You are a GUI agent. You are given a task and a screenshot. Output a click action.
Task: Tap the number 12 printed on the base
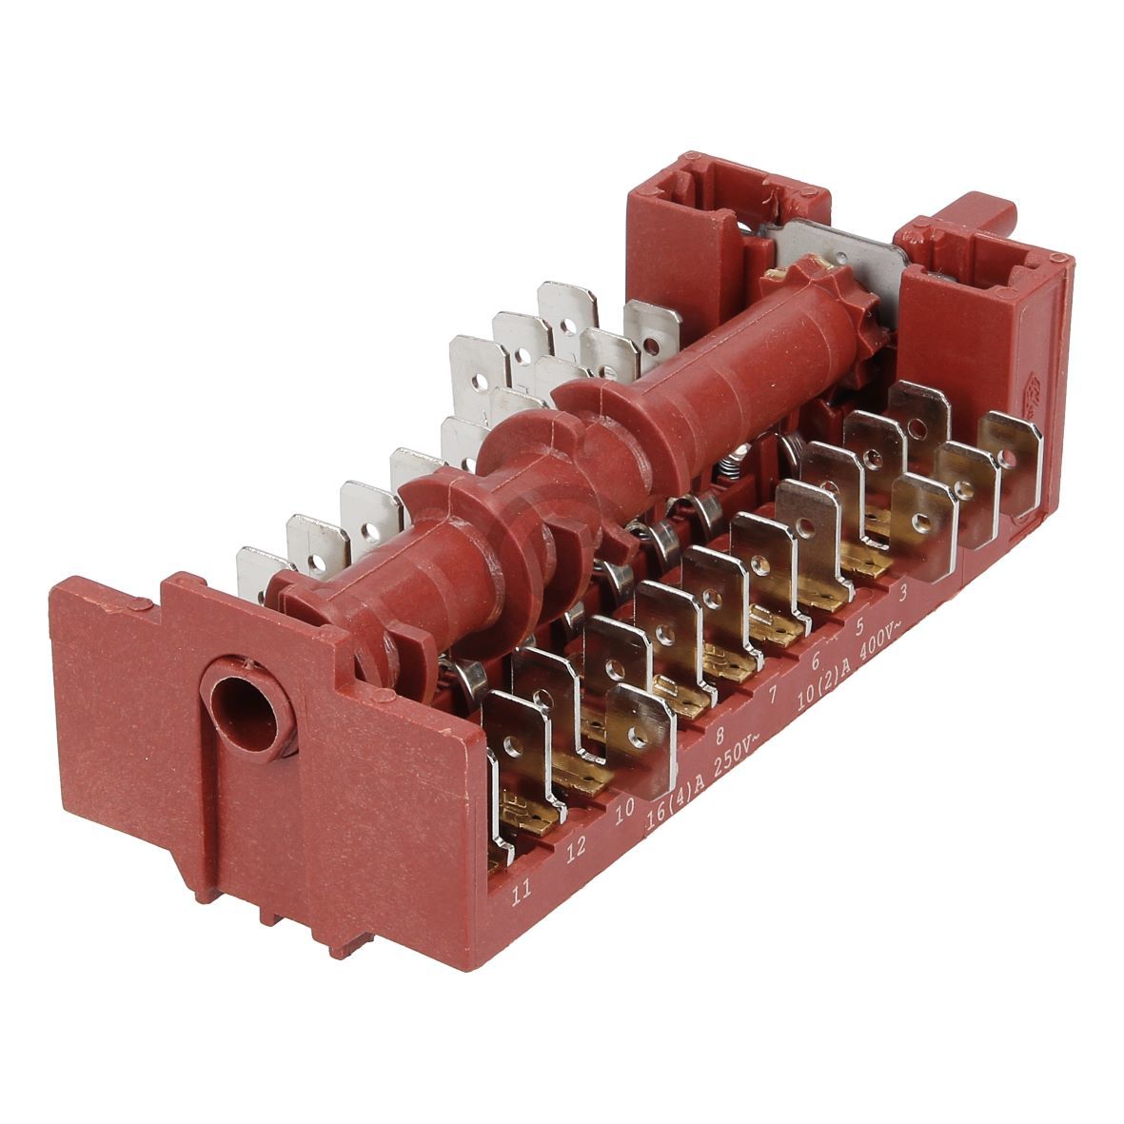pos(574,850)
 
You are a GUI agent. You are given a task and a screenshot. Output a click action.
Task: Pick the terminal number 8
pos(720,735)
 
